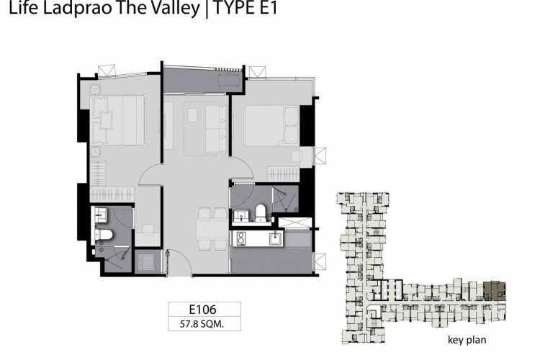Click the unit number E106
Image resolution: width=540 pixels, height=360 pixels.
tap(202, 309)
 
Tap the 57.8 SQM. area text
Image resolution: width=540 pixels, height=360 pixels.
tap(202, 324)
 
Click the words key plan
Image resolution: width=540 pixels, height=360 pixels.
tap(467, 340)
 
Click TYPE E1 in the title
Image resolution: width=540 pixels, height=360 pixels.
tap(246, 8)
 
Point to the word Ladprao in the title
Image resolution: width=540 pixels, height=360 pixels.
tap(77, 9)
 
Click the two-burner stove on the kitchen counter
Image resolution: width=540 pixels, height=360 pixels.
tap(241, 239)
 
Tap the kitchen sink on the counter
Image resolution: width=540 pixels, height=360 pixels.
tap(276, 238)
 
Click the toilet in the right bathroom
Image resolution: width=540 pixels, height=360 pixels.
tap(261, 213)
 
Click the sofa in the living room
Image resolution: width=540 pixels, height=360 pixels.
tap(217, 128)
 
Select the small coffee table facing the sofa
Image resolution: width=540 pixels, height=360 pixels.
tap(192, 114)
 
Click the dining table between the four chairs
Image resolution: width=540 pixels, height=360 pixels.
tap(211, 229)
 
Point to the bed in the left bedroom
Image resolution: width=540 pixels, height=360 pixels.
tap(118, 120)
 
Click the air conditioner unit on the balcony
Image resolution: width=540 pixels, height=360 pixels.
tap(229, 81)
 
